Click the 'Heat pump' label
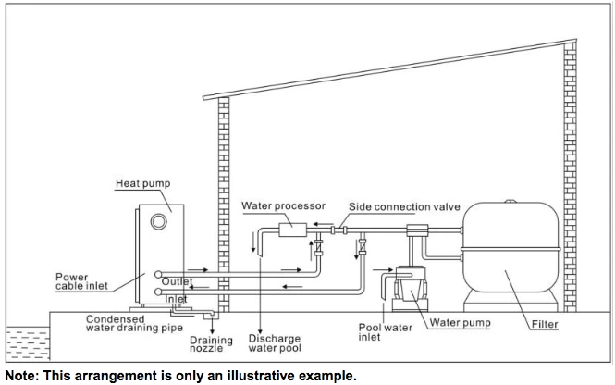pos(142,184)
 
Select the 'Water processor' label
pos(274,205)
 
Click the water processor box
pos(298,223)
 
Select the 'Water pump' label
pos(461,323)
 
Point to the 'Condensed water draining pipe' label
pos(128,323)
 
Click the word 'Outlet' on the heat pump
pos(177,281)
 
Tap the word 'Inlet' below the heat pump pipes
pos(176,300)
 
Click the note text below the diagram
pos(180,376)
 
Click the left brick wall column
pos(223,204)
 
